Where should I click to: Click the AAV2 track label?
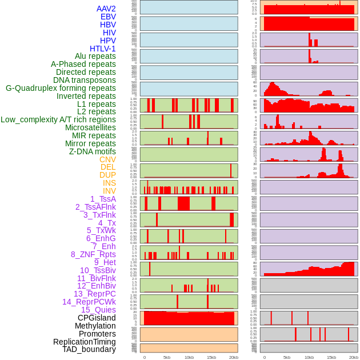click(x=106, y=9)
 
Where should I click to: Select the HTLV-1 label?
click(x=102, y=49)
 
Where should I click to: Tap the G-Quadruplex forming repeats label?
click(x=61, y=88)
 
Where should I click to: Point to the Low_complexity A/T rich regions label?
click(x=58, y=119)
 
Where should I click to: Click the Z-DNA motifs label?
click(x=92, y=151)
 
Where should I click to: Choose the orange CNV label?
click(x=107, y=159)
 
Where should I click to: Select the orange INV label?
click(x=109, y=191)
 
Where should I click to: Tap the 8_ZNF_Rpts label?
click(x=93, y=254)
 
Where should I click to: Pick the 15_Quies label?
click(x=98, y=310)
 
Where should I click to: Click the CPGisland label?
click(x=97, y=318)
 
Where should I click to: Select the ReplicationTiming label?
click(x=85, y=342)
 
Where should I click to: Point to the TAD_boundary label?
click(x=89, y=349)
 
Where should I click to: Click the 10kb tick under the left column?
click(x=189, y=357)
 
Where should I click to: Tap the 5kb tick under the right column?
click(x=287, y=357)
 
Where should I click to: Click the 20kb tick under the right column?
click(x=354, y=357)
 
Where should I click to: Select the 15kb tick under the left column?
click(x=211, y=357)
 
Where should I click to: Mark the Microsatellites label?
click(x=90, y=127)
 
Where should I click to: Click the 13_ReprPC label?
click(x=94, y=294)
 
